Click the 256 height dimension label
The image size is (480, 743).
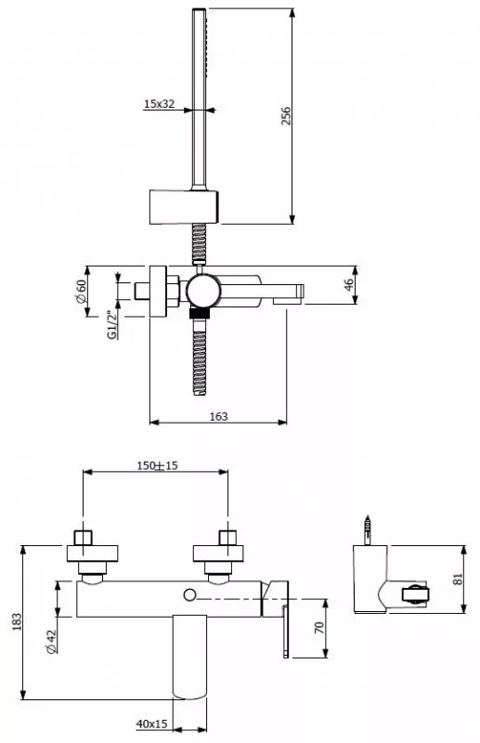pyautogui.click(x=286, y=116)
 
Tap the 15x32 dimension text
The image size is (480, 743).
pyautogui.click(x=159, y=104)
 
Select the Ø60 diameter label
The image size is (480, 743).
pyautogui.click(x=81, y=292)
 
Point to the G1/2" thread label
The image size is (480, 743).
pyautogui.click(x=111, y=325)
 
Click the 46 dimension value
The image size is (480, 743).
pyautogui.click(x=349, y=285)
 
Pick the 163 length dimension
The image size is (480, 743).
pyautogui.click(x=218, y=416)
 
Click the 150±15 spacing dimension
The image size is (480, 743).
pyautogui.click(x=157, y=466)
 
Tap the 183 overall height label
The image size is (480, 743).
pyautogui.click(x=17, y=622)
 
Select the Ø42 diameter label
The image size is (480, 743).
pyautogui.click(x=52, y=642)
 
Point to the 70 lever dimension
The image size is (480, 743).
pyautogui.click(x=319, y=628)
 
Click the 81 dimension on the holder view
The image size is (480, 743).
pyautogui.click(x=458, y=579)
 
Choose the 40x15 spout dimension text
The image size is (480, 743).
pyautogui.click(x=151, y=724)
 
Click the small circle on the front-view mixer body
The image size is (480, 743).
pyautogui.click(x=190, y=594)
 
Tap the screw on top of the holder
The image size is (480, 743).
pyautogui.click(x=367, y=529)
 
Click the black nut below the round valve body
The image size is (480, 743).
pyautogui.click(x=199, y=313)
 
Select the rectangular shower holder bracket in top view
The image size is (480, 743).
pyautogui.click(x=184, y=207)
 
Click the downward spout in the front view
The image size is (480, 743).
pyautogui.click(x=190, y=658)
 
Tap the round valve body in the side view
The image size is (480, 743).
pyautogui.click(x=202, y=291)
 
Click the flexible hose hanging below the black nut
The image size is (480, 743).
pyautogui.click(x=200, y=357)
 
